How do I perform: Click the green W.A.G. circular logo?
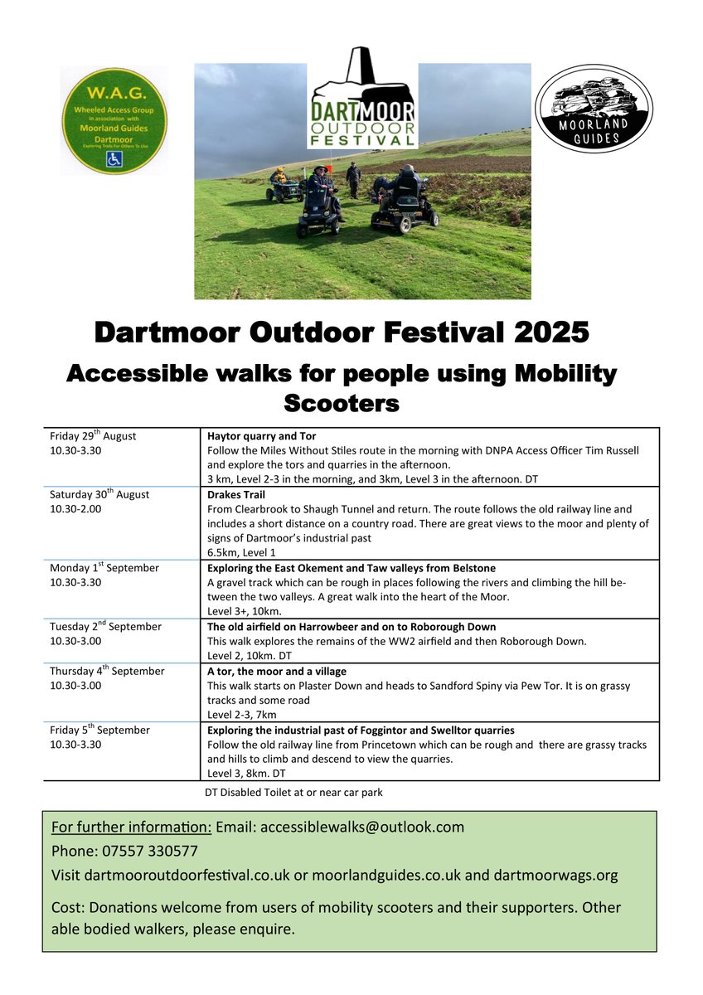click(114, 120)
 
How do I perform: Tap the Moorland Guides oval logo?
click(594, 109)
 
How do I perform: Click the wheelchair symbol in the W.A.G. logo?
click(114, 159)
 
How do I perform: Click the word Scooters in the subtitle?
click(342, 403)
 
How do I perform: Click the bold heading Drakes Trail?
click(236, 495)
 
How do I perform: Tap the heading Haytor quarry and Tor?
click(262, 436)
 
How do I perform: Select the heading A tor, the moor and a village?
click(277, 672)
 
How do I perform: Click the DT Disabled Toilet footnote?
click(293, 793)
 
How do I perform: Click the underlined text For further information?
click(132, 828)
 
